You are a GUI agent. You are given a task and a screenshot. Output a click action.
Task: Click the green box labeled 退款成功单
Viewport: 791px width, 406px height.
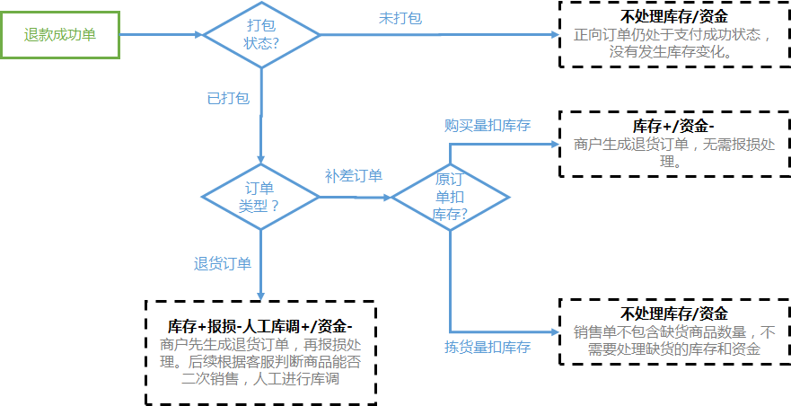[x=60, y=35]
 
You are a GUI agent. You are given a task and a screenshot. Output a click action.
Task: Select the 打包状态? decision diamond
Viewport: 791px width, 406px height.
[x=261, y=35]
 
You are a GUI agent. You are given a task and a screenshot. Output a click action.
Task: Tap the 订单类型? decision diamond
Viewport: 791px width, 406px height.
[x=259, y=197]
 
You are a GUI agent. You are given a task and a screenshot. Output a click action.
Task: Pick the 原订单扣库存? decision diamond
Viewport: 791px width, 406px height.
[x=450, y=197]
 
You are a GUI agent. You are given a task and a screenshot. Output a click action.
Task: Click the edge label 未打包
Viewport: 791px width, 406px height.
[x=400, y=18]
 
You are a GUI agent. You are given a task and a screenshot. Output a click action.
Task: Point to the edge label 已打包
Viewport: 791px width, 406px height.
[x=228, y=98]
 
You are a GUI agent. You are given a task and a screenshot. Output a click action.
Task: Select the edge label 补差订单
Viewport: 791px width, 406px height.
[x=354, y=175]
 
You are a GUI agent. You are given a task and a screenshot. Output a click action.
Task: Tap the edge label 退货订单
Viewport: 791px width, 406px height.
[x=223, y=264]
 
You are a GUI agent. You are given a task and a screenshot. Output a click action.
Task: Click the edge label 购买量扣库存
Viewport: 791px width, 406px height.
[x=488, y=125]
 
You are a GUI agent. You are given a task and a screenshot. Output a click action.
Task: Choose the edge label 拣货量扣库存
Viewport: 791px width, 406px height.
[x=488, y=347]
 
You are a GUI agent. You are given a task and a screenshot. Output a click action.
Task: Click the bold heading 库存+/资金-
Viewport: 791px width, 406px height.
[x=673, y=125]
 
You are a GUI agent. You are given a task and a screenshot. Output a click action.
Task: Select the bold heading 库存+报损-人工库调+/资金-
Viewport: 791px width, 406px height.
[x=260, y=325]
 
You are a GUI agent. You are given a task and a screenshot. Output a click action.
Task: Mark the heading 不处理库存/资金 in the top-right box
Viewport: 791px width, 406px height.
[x=673, y=16]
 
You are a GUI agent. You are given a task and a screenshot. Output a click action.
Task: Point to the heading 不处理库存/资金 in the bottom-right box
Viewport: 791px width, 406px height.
[x=673, y=313]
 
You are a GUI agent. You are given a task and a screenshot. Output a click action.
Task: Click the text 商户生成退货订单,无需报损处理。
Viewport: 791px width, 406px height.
[x=673, y=153]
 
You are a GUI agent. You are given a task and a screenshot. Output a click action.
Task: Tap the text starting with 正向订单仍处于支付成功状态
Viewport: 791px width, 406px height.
[x=673, y=43]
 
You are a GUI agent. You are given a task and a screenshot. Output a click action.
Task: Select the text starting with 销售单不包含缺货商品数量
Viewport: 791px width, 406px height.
[x=673, y=340]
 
